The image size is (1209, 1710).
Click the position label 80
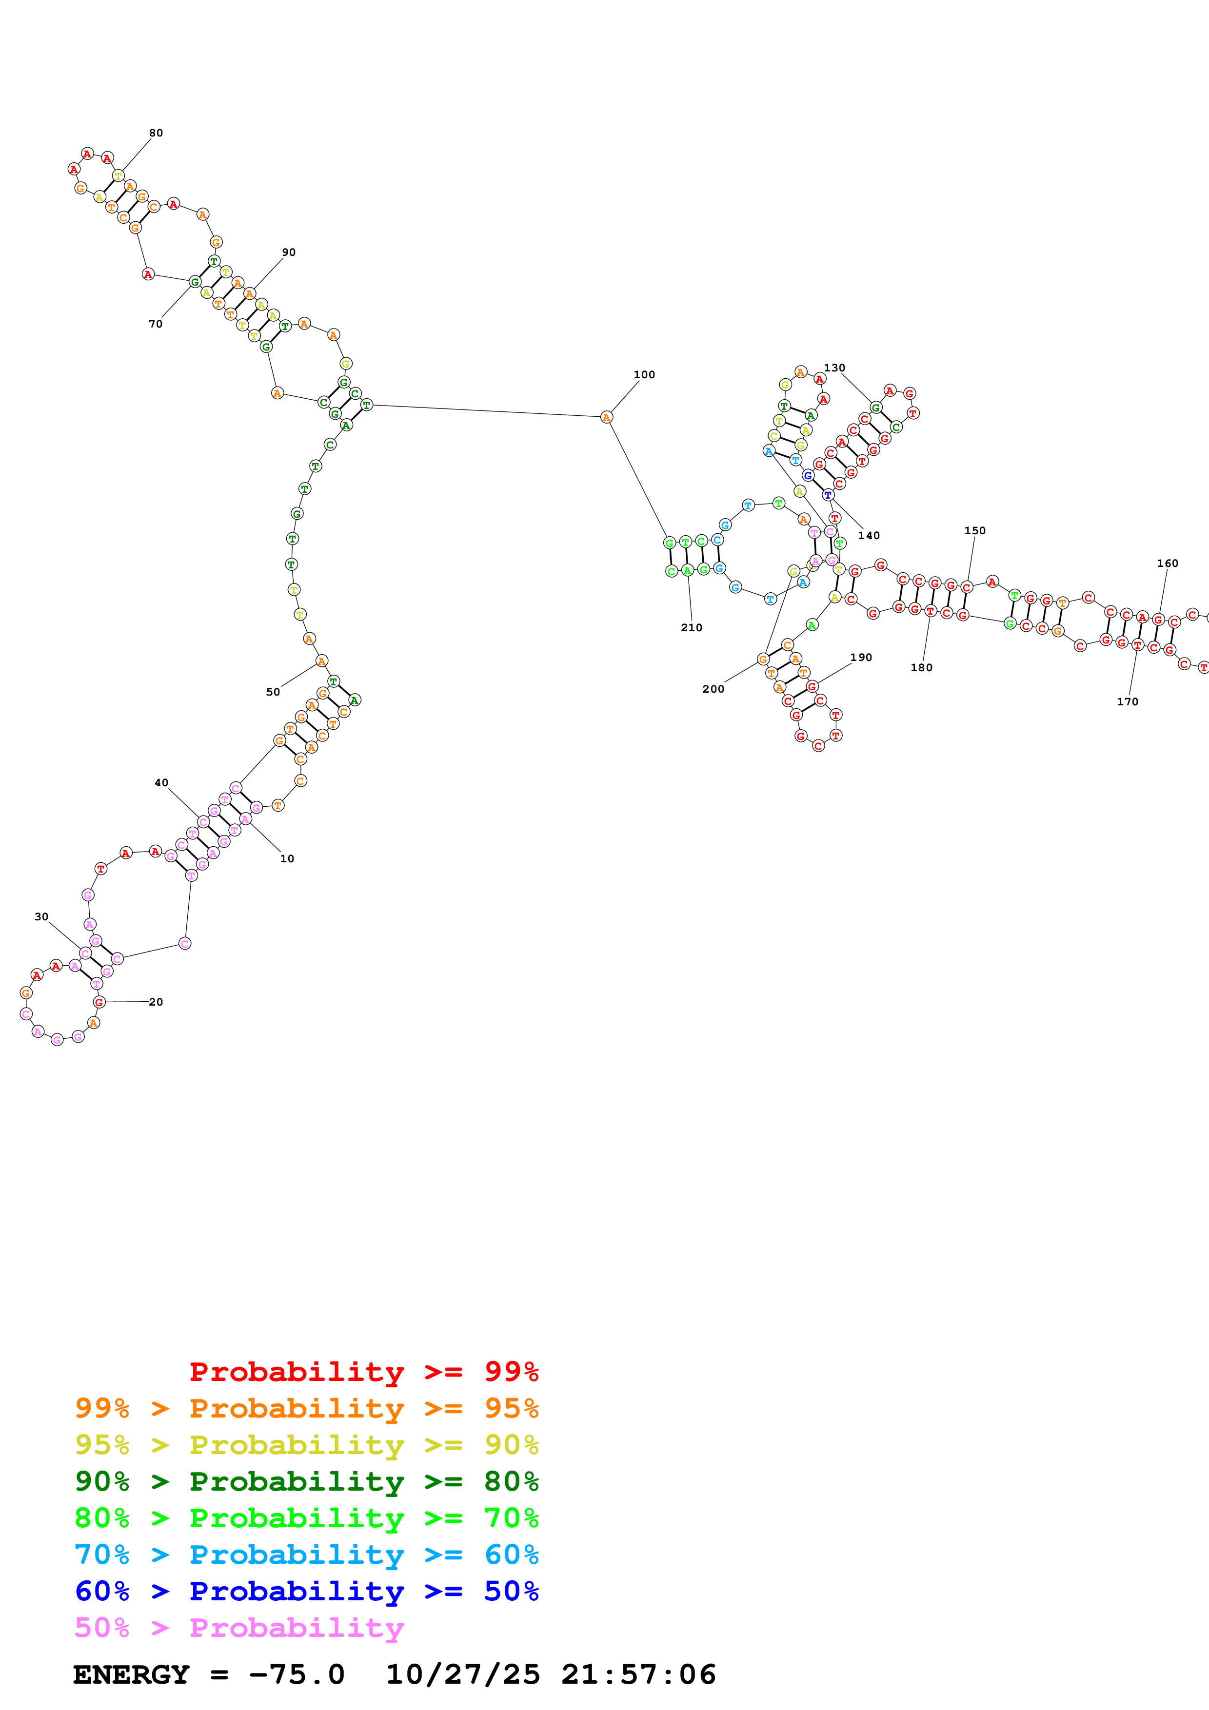156,133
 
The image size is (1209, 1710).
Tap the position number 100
644,375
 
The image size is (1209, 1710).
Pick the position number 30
42,917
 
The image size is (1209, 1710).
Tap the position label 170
1127,701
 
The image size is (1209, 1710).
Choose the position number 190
861,658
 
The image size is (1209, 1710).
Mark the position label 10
287,859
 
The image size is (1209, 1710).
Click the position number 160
1167,563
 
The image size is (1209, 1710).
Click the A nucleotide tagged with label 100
606,417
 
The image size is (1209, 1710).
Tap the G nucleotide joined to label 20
99,1003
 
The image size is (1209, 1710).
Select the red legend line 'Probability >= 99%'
363,1372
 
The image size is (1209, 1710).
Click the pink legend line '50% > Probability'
239,1627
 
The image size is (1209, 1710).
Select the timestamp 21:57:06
638,1674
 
